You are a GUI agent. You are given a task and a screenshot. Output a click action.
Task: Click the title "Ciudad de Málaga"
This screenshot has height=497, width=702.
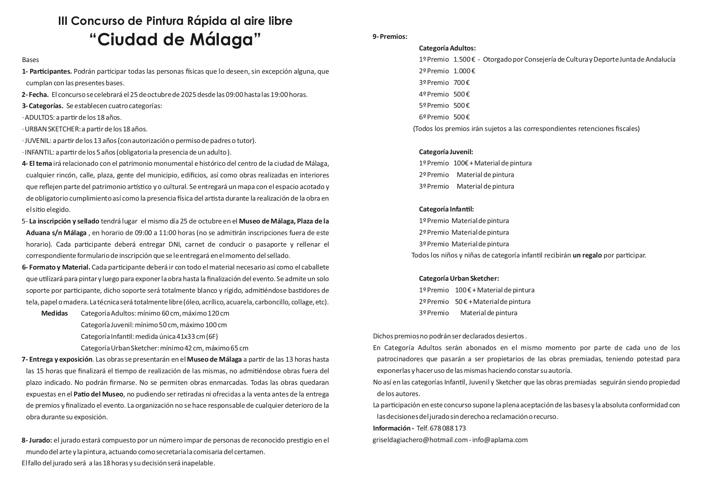(x=175, y=40)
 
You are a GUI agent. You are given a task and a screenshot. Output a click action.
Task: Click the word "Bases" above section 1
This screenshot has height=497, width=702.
(x=30, y=60)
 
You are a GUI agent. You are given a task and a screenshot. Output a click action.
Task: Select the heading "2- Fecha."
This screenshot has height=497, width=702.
(x=35, y=95)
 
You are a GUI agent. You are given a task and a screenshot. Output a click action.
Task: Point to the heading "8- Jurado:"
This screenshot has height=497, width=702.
(x=37, y=440)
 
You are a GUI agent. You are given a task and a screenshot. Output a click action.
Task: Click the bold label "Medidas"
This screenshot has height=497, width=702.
(x=54, y=313)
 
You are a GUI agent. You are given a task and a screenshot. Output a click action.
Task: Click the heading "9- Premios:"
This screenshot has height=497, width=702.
(x=390, y=37)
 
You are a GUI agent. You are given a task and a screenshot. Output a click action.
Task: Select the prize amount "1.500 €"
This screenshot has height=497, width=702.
(x=464, y=60)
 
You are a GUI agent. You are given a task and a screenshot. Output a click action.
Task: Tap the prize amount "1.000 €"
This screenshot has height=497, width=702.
(x=464, y=71)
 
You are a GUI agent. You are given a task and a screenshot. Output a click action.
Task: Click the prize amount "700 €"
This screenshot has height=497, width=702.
(x=461, y=83)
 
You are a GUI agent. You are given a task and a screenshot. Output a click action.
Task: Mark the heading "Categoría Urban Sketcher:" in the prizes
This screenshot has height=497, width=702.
(x=459, y=279)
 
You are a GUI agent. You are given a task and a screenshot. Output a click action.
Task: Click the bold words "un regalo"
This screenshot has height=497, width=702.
(x=587, y=256)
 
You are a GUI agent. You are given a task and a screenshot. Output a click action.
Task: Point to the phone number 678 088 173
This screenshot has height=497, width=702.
(x=449, y=429)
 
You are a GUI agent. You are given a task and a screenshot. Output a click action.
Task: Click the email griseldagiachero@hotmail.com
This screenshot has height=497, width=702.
(x=420, y=440)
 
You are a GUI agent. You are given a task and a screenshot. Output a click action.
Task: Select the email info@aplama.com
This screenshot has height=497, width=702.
(x=500, y=440)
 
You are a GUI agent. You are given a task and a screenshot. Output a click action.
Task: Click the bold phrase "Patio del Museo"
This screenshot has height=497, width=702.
(x=98, y=394)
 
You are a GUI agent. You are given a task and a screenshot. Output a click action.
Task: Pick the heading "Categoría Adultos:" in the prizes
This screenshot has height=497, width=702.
(x=447, y=48)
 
